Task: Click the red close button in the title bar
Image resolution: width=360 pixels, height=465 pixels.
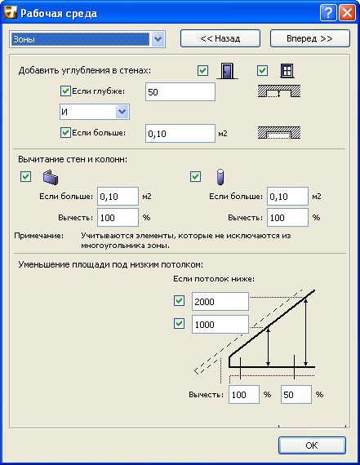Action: click(345, 13)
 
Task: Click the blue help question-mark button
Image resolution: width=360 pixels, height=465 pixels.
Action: click(327, 13)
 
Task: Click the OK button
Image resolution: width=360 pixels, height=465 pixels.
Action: click(312, 445)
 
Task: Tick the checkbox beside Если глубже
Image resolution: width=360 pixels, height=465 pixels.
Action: click(66, 91)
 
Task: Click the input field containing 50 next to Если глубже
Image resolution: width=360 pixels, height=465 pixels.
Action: click(180, 91)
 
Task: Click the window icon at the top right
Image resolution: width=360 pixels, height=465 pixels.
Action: click(287, 72)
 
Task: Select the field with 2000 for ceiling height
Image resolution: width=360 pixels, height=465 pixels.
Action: click(219, 301)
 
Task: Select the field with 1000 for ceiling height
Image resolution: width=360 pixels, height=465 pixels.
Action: click(219, 324)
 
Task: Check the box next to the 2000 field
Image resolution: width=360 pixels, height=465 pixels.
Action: click(180, 301)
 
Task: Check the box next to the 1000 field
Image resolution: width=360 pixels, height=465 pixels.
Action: click(180, 324)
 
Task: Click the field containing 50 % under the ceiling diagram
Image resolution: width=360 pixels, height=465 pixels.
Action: click(296, 394)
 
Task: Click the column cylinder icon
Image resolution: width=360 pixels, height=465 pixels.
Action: click(218, 177)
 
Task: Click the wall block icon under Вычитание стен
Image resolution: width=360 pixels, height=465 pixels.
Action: click(51, 177)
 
